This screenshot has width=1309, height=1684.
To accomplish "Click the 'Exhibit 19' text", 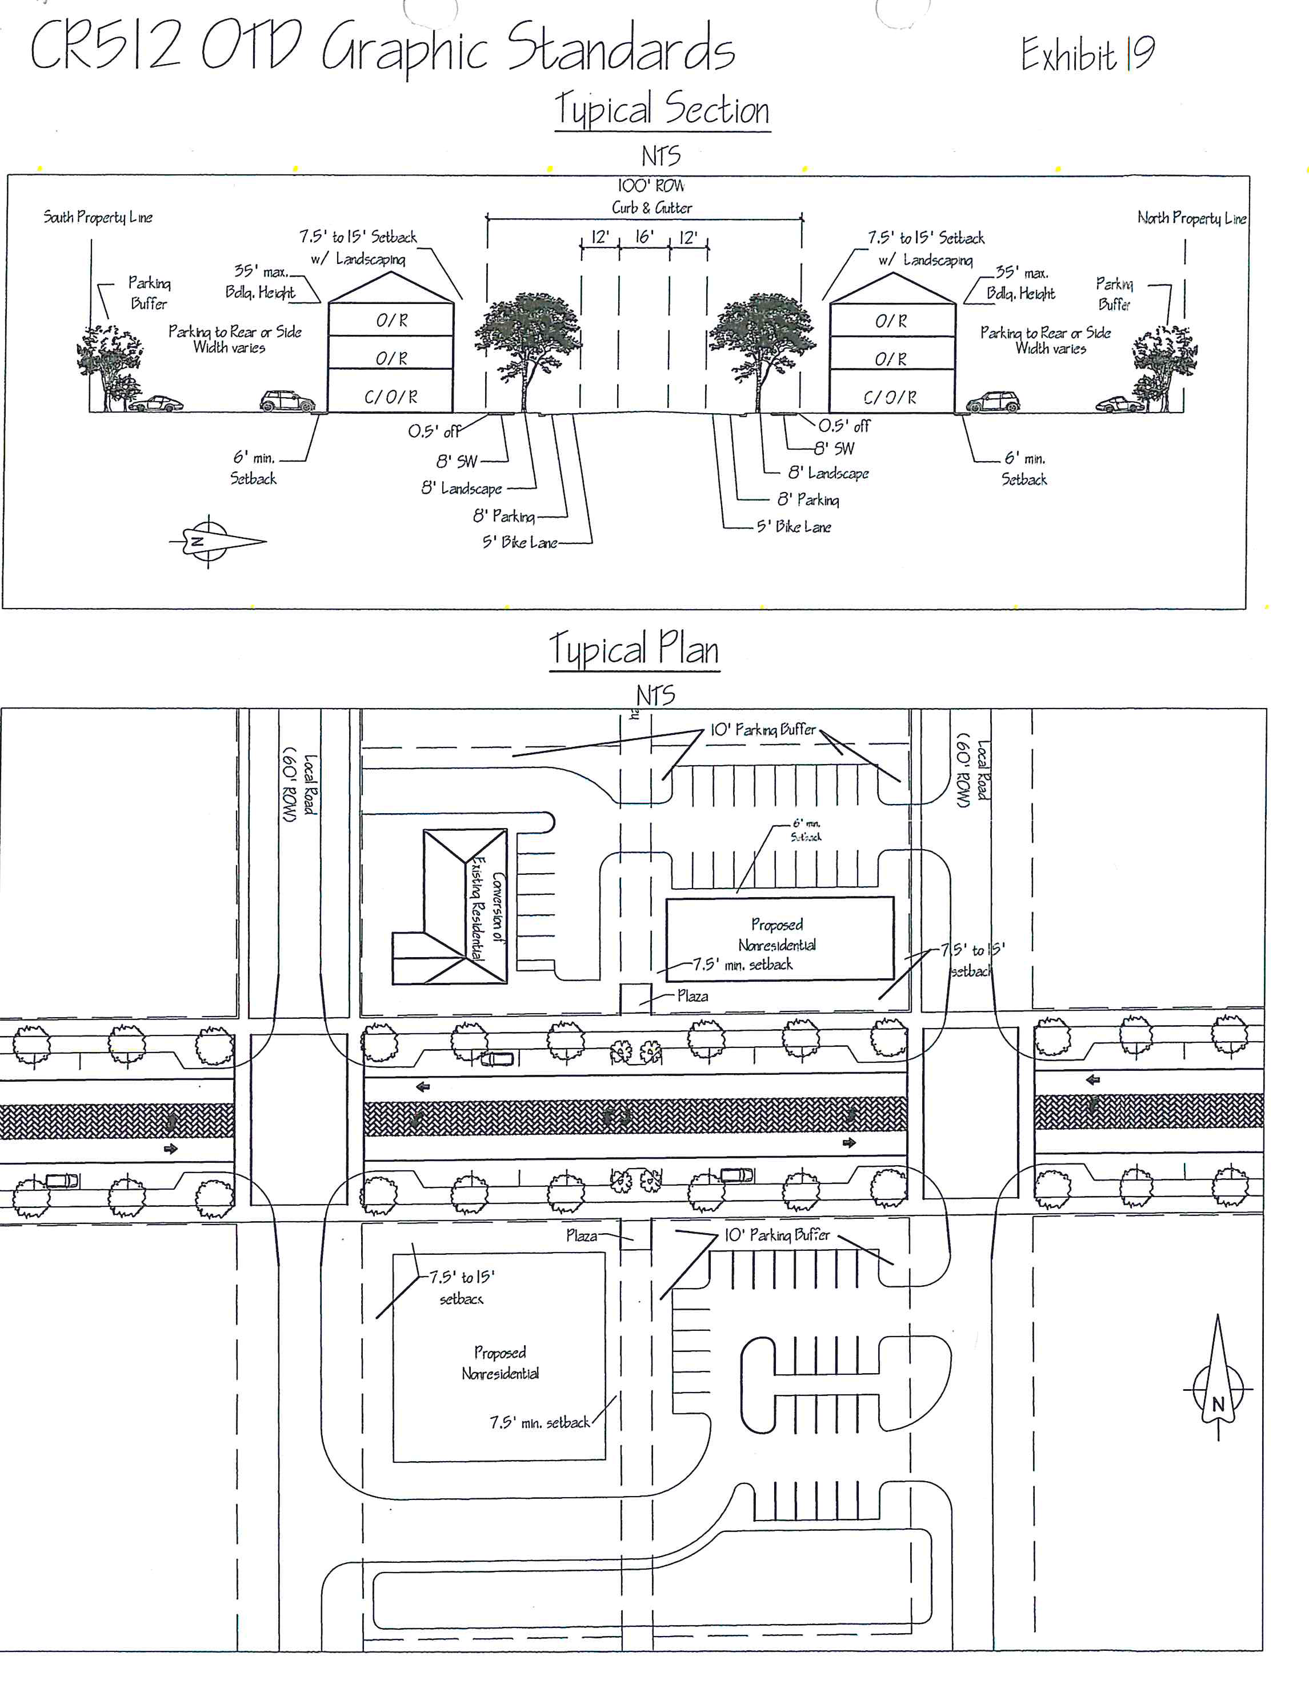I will click(1087, 54).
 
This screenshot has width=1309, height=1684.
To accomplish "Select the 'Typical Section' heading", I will click(662, 110).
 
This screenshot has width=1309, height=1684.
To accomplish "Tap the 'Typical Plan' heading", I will click(634, 649).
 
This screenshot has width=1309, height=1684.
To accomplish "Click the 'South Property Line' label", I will click(98, 218).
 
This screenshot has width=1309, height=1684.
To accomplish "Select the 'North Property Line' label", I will click(1191, 218).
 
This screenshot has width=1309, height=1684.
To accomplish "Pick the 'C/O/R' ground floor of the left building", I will click(391, 397).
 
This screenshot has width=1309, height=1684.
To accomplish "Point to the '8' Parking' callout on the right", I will click(808, 499).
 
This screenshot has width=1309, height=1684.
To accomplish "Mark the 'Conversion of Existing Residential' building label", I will click(488, 909).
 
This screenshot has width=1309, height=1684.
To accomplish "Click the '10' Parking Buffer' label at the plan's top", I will click(762, 729).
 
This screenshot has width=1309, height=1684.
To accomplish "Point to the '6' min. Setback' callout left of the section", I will click(253, 468).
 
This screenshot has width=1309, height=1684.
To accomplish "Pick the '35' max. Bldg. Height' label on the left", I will click(261, 282).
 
